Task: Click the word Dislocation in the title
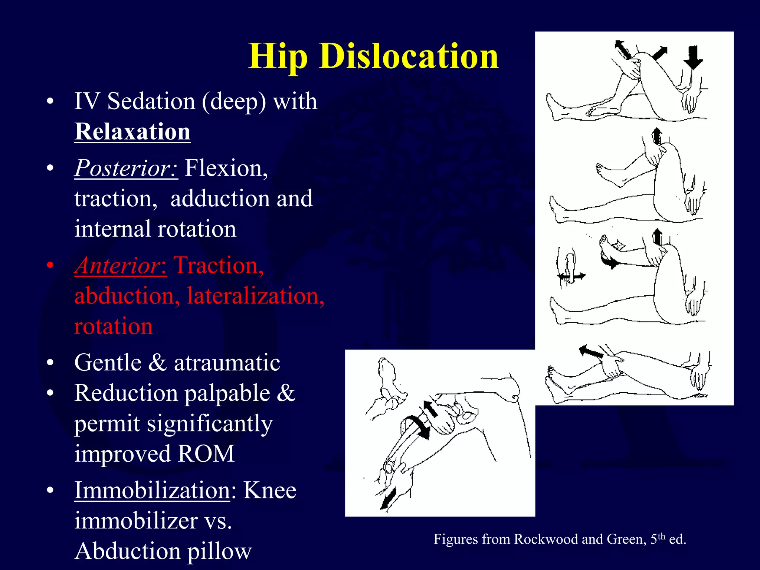(408, 56)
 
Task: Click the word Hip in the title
(278, 56)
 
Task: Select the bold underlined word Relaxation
(132, 132)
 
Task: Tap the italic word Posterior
(125, 168)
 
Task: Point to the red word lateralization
(255, 296)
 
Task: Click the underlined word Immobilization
(152, 490)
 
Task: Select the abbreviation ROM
(206, 453)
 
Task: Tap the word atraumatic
(227, 363)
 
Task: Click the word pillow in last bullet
(219, 551)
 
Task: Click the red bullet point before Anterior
(51, 266)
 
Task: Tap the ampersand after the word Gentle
(157, 363)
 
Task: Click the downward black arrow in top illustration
(692, 57)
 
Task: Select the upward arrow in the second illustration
(657, 135)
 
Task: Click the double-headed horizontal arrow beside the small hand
(572, 276)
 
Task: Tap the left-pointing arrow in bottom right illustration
(591, 351)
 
